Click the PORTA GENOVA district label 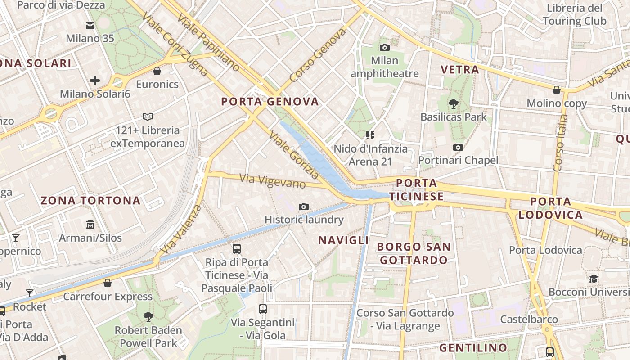(x=270, y=102)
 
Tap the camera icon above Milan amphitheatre (x=385, y=47)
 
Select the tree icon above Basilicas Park (x=454, y=104)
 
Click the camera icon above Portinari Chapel (x=458, y=147)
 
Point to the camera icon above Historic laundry (x=304, y=207)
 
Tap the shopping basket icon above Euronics (x=157, y=71)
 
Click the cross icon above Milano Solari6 (x=95, y=81)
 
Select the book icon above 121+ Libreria (x=148, y=117)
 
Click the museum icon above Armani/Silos (x=90, y=224)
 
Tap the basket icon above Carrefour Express (x=108, y=283)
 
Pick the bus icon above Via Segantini (x=263, y=309)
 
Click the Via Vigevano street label (x=273, y=181)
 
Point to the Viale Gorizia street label (x=294, y=155)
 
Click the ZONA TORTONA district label (x=91, y=201)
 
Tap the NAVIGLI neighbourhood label (x=344, y=240)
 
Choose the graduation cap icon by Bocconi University (x=594, y=279)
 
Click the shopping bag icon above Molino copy (x=557, y=90)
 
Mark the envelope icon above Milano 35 (x=90, y=26)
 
